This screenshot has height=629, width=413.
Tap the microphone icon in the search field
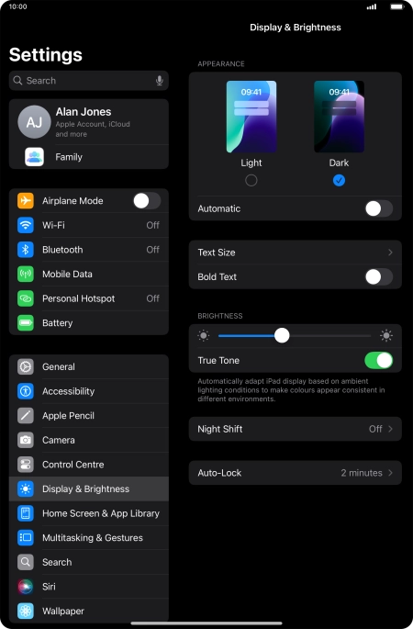click(x=159, y=81)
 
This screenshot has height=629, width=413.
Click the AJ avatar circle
click(x=35, y=122)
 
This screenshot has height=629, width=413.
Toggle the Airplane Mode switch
click(x=147, y=200)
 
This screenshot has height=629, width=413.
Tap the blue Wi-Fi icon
click(x=26, y=225)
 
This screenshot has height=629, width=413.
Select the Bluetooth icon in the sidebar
click(x=26, y=250)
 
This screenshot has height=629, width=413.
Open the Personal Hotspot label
click(x=79, y=298)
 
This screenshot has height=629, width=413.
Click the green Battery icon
click(x=26, y=323)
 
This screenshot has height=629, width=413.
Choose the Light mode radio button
click(x=251, y=181)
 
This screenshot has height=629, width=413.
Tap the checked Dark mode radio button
click(x=339, y=181)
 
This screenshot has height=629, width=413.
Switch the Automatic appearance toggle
click(x=379, y=208)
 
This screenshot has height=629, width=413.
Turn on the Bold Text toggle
click(x=379, y=276)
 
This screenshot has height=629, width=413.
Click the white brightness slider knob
click(x=282, y=335)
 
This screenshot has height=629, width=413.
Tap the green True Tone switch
click(x=379, y=360)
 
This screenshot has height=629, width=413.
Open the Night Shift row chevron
click(x=391, y=429)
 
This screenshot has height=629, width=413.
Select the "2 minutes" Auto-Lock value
click(x=362, y=473)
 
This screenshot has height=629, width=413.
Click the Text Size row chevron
click(x=391, y=253)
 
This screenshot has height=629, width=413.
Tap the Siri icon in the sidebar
click(x=26, y=587)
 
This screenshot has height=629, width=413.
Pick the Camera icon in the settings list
click(x=26, y=440)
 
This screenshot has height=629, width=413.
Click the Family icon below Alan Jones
click(x=34, y=157)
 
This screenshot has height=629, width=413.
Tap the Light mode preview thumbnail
click(x=251, y=117)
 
